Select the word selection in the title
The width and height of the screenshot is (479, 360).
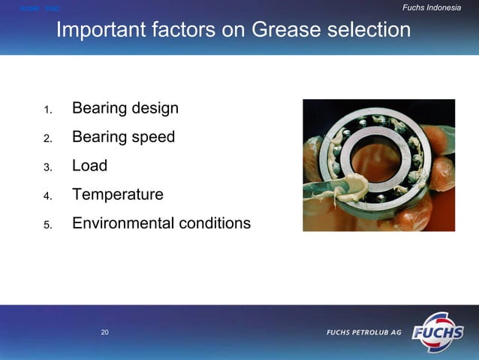tap(369, 31)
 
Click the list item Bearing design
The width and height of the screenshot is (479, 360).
tap(125, 108)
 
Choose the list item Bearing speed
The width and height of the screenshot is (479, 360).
tap(123, 138)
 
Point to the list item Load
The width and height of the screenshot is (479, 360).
tap(89, 166)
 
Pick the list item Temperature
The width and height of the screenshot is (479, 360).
tap(117, 195)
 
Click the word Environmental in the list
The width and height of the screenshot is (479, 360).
tap(120, 224)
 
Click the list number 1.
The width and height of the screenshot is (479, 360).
tap(47, 110)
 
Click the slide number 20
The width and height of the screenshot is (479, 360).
tap(105, 332)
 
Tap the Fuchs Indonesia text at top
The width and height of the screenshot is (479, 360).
tap(432, 8)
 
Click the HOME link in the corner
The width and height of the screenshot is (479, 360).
tap(29, 8)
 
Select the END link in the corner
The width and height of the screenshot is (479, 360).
tap(52, 8)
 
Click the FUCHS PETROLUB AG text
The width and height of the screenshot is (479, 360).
tap(363, 333)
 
